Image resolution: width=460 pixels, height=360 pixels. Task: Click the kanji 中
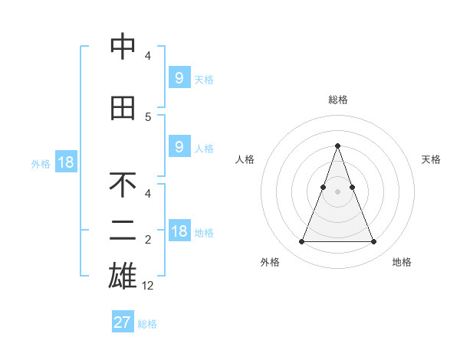(123, 47)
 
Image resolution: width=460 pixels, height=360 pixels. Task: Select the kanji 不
(123, 185)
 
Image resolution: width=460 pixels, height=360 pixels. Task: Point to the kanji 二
(123, 231)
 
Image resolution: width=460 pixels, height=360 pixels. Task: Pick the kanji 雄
(123, 276)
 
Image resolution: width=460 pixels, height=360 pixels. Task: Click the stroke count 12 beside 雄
(148, 286)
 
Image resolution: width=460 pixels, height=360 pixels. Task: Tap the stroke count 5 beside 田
(148, 117)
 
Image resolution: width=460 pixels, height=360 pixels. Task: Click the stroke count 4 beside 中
(148, 56)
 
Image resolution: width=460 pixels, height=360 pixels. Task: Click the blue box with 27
(123, 322)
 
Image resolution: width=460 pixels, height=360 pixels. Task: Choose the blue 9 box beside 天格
(179, 78)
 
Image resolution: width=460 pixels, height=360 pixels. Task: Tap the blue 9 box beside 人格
(179, 147)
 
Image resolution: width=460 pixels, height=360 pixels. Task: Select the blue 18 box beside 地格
(179, 231)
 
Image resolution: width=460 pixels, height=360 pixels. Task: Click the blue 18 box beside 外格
(65, 162)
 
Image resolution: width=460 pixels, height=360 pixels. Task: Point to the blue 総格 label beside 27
(147, 324)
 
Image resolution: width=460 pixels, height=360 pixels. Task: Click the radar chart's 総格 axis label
(337, 100)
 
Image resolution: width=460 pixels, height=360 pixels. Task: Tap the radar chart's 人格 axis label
(245, 159)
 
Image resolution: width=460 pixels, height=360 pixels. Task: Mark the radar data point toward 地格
(373, 242)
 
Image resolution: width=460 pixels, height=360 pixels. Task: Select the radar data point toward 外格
(301, 242)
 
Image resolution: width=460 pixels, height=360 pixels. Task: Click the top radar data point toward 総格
(337, 146)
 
